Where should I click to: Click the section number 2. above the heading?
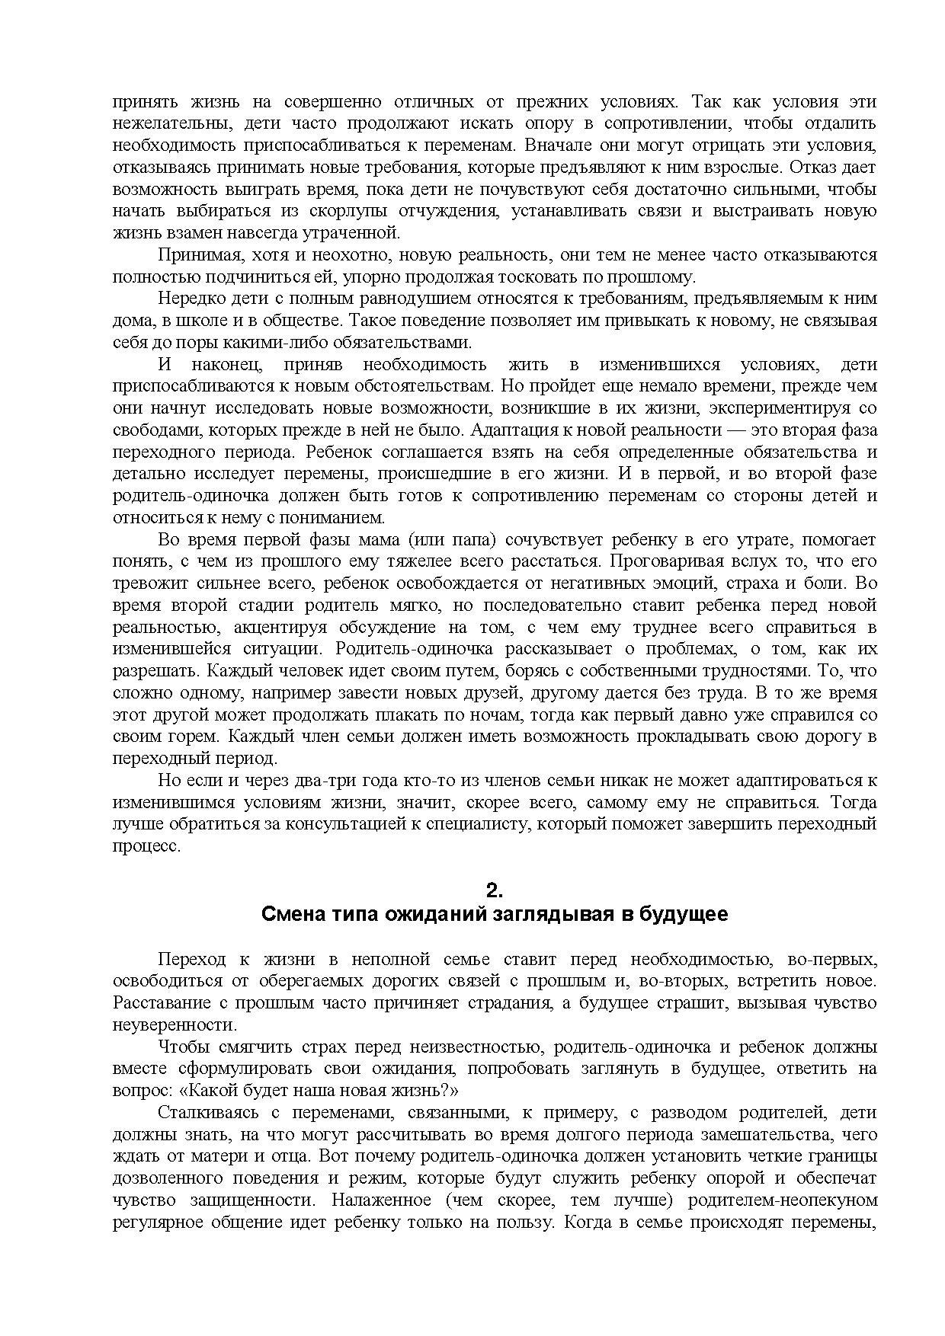click(x=495, y=890)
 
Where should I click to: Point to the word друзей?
click(x=480, y=694)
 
